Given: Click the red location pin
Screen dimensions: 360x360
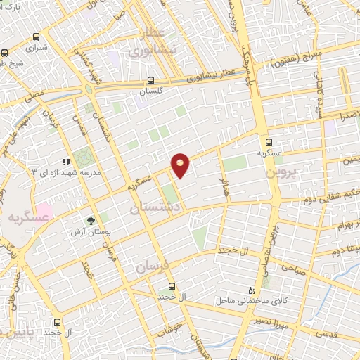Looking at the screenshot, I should click(x=181, y=165).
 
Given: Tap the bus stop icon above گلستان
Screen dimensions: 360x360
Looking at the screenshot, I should click(x=152, y=80).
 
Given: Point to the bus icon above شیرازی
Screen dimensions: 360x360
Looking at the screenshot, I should click(x=6, y=53).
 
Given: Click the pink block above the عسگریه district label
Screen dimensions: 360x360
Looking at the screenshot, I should click(x=44, y=210).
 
